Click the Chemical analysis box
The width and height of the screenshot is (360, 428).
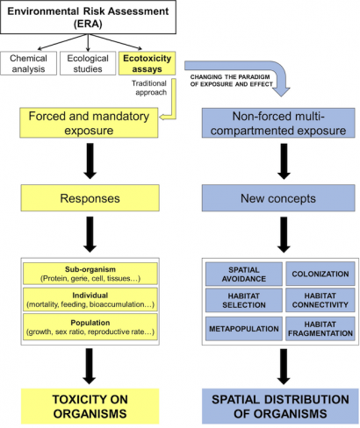click(28, 63)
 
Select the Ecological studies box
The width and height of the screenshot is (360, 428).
click(88, 63)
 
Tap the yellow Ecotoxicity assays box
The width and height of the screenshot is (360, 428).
click(147, 63)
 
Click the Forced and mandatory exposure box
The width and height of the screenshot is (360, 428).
click(89, 123)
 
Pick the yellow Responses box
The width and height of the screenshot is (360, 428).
click(90, 198)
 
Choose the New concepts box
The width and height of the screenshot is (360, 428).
click(278, 198)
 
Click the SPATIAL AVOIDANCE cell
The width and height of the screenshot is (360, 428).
click(244, 274)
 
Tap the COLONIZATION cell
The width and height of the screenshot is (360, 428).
click(320, 274)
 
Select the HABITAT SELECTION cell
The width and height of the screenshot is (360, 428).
click(244, 300)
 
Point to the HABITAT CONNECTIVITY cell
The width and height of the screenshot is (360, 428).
click(320, 300)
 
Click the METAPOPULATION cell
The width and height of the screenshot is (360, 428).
click(244, 329)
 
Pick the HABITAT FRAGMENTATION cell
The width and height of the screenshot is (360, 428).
click(320, 329)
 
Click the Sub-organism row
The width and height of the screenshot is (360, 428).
click(90, 274)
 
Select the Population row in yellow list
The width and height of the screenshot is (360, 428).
click(90, 327)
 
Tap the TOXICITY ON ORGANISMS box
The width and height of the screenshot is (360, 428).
click(90, 406)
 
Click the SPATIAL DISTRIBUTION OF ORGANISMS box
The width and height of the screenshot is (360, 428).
click(280, 406)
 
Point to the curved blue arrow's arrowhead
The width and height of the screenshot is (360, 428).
click(281, 91)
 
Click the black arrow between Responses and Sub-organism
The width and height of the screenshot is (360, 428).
click(90, 234)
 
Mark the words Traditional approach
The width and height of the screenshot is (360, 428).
click(149, 88)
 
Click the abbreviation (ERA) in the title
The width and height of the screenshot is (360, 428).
click(88, 24)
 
